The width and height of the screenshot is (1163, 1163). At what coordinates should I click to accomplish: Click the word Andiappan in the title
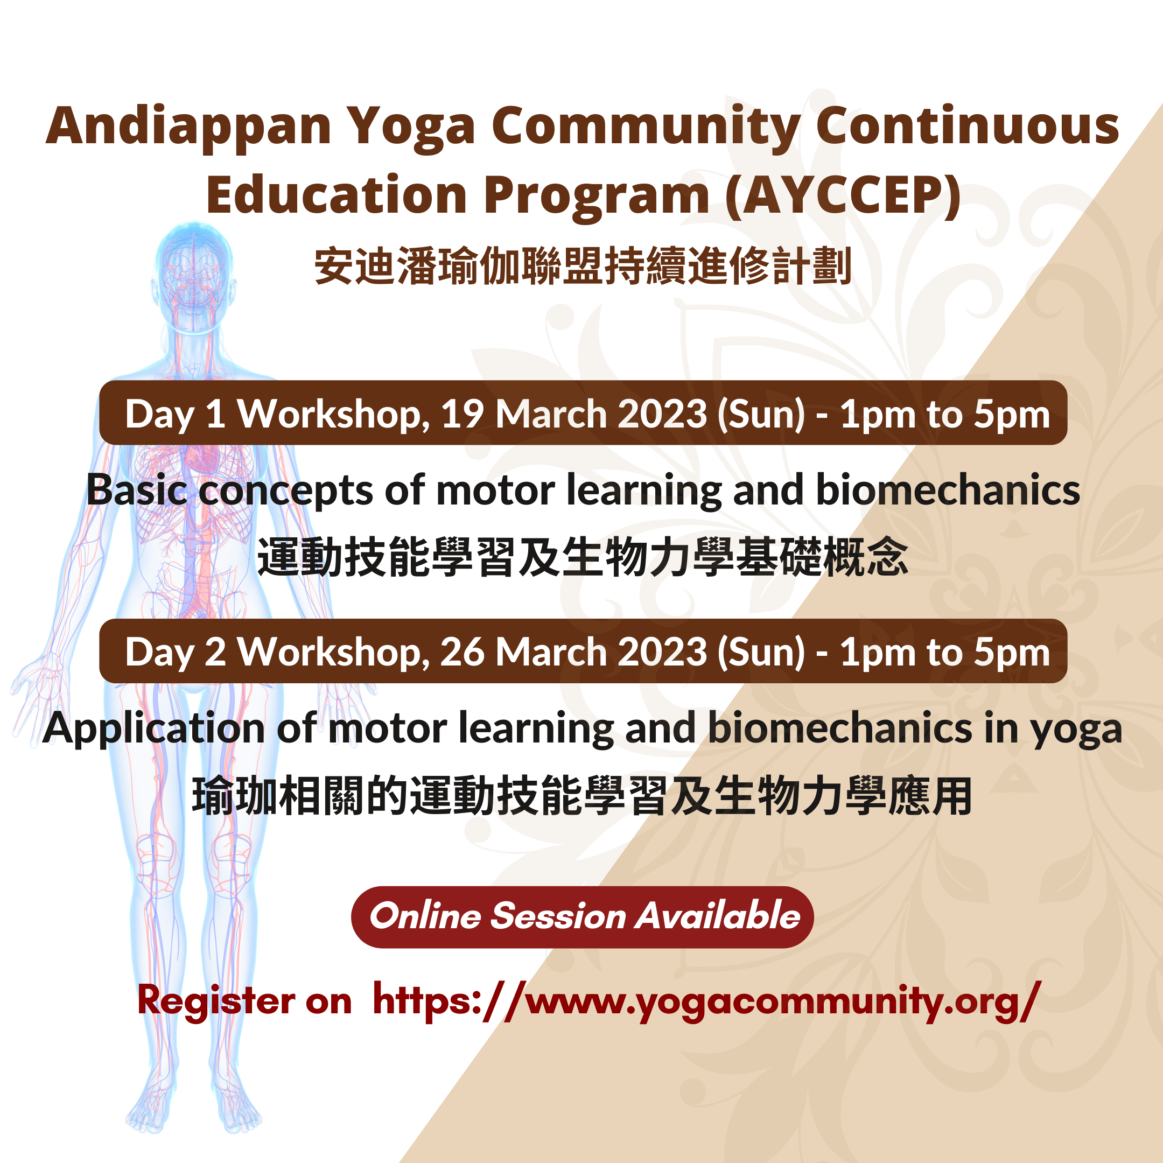point(188,127)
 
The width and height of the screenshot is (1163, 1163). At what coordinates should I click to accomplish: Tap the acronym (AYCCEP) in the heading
point(843,195)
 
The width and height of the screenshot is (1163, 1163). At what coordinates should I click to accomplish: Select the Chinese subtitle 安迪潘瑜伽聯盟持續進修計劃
point(583,266)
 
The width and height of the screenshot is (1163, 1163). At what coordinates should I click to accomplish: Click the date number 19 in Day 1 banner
point(463,414)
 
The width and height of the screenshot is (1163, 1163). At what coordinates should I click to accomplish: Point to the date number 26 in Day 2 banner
point(463,652)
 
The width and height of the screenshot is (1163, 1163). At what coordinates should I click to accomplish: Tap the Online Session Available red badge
point(582,917)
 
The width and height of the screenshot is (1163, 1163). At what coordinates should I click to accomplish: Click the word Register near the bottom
point(216,1001)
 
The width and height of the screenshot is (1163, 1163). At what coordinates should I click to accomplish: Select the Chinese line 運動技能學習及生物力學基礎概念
point(582,557)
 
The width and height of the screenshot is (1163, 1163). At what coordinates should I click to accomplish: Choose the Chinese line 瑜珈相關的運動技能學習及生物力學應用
point(582,796)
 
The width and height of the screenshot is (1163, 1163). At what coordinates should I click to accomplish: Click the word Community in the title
point(646,127)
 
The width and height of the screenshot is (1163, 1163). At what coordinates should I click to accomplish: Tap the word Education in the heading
point(337,195)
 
